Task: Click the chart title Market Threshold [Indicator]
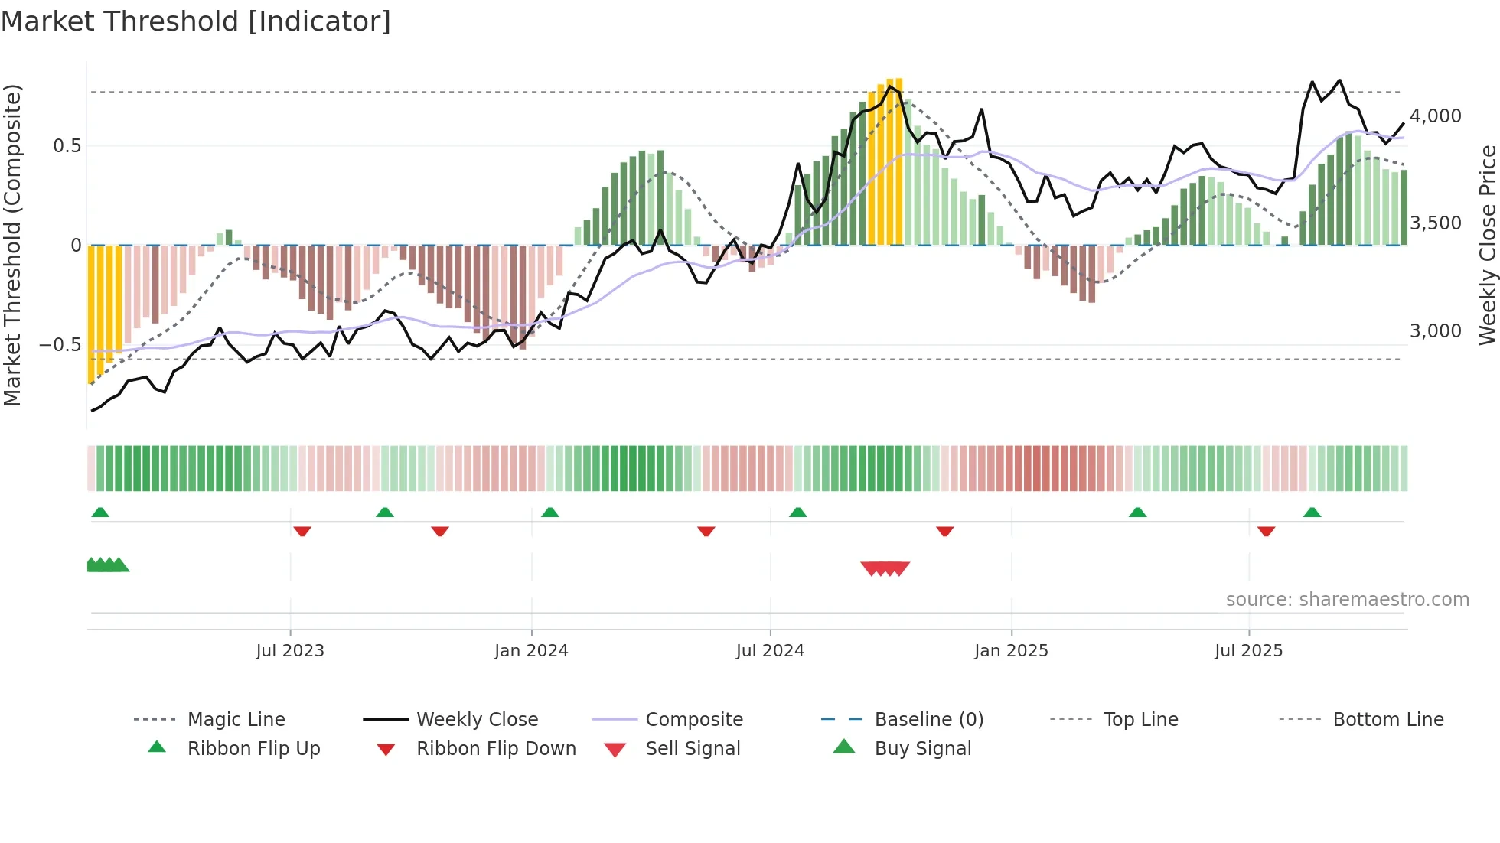point(196,21)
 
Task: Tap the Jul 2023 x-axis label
point(290,651)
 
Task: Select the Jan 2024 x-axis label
point(531,651)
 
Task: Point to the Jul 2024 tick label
point(770,651)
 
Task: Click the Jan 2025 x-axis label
point(1011,651)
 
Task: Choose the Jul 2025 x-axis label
point(1248,651)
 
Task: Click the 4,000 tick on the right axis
point(1435,116)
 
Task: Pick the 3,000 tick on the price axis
point(1435,331)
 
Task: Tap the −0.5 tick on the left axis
point(60,345)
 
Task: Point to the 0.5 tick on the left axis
point(67,146)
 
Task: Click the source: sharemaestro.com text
point(1347,600)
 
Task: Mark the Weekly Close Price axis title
point(1487,245)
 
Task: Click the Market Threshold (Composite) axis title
point(12,245)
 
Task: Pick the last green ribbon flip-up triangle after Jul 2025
point(1312,513)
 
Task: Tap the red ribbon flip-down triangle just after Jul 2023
point(302,531)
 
